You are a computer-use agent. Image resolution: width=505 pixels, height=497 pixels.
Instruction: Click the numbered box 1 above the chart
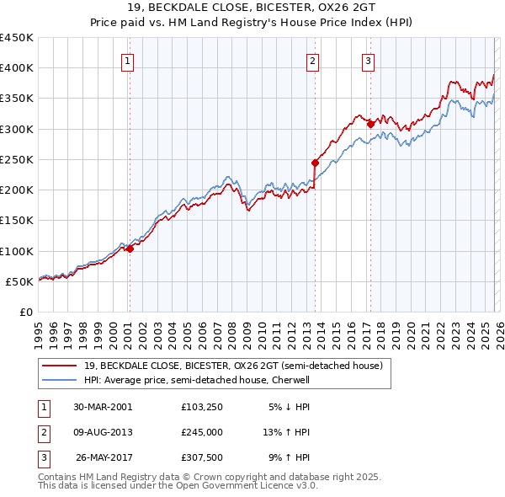point(127,61)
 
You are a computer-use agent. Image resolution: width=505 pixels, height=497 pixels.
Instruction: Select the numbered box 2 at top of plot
point(312,61)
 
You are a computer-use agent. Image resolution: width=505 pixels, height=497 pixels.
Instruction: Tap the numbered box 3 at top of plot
point(369,61)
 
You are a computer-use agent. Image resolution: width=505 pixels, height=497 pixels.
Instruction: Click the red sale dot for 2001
point(130,248)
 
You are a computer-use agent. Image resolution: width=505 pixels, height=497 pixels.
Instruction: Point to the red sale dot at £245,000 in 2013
point(315,163)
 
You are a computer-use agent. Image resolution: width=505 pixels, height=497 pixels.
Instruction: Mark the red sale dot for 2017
point(370,125)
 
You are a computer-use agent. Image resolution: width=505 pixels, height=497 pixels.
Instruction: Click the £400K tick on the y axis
point(18,68)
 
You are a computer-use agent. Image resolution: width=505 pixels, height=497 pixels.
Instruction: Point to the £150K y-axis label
point(18,221)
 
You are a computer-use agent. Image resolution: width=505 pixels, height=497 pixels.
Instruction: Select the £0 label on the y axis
point(25,313)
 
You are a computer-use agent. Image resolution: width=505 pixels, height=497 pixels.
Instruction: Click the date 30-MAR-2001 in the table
point(103,406)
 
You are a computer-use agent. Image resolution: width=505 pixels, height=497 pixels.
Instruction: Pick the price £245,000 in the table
point(205,431)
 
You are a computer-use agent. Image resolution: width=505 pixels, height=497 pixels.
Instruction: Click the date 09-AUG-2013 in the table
point(103,431)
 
